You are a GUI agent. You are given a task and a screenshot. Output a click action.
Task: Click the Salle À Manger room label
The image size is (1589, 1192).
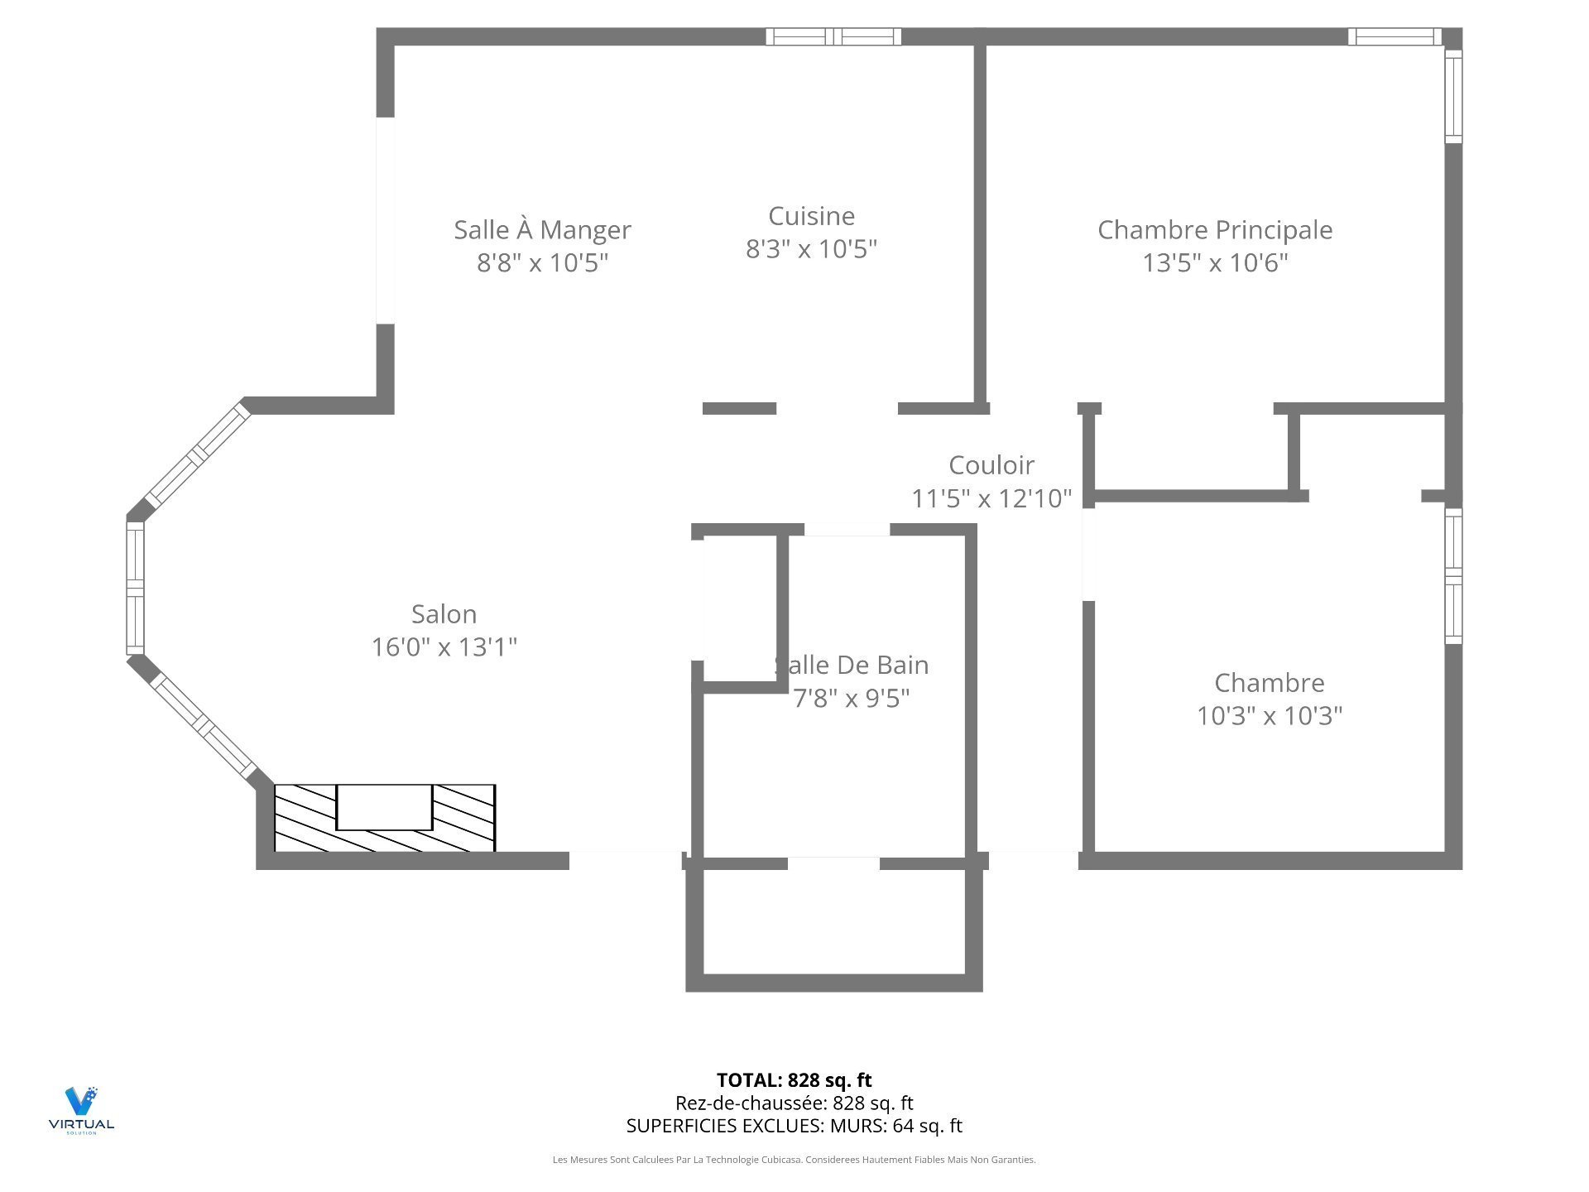[542, 230]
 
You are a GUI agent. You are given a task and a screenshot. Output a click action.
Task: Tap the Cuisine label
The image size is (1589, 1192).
[811, 216]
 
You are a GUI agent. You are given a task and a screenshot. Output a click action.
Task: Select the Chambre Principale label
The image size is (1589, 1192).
[1215, 230]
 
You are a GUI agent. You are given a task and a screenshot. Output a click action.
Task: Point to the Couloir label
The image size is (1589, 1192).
[991, 465]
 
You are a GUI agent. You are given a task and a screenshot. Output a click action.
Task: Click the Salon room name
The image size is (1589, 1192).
[444, 614]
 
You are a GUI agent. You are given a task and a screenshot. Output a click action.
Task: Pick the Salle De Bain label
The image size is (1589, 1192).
[852, 666]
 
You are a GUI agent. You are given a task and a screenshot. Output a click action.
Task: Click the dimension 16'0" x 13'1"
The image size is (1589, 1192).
[444, 646]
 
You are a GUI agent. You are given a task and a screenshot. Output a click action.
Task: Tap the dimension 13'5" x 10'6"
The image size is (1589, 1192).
[1215, 262]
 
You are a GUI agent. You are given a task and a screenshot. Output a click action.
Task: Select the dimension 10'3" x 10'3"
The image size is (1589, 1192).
[1270, 715]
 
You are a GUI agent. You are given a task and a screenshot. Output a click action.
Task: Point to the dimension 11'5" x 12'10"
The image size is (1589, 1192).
[991, 498]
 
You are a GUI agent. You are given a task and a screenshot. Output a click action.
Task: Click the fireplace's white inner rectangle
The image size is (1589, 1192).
[384, 807]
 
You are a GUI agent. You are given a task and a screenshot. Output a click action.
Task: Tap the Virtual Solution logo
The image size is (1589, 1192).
[81, 1110]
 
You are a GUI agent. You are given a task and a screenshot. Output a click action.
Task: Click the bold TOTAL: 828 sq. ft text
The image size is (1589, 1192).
[794, 1080]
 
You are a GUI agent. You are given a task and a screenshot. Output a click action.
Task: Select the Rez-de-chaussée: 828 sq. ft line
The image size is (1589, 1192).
[794, 1103]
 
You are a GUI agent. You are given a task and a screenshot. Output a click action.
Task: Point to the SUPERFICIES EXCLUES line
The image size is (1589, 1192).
[794, 1126]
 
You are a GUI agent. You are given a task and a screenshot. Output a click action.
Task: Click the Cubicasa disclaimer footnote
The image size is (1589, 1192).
[794, 1160]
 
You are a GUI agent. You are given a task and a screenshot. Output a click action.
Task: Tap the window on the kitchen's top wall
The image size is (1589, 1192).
[833, 36]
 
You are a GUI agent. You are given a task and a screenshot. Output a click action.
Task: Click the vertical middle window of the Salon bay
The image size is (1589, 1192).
[135, 588]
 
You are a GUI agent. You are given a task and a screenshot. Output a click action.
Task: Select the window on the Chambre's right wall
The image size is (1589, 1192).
[1453, 575]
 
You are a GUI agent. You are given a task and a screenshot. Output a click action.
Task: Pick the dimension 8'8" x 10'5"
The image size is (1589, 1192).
[542, 262]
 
